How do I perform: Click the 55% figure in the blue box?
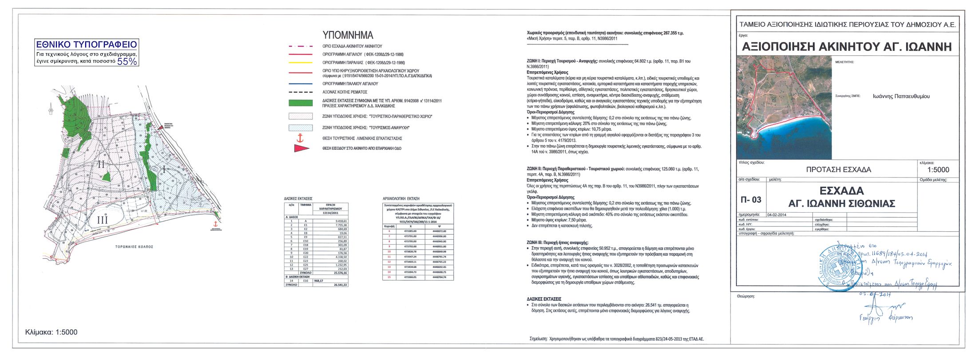(127, 62)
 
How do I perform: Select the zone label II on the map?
(101, 164)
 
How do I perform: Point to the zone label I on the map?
(164, 169)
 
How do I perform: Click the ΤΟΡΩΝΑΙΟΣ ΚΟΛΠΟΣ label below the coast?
(134, 247)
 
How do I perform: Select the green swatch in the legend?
(301, 103)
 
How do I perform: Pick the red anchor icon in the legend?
(300, 138)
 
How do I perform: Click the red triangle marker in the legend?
(301, 149)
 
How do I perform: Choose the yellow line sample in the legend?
(301, 63)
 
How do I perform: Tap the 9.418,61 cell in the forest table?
(341, 221)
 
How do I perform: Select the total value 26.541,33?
(340, 285)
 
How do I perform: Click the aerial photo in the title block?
(784, 107)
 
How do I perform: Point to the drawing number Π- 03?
(751, 200)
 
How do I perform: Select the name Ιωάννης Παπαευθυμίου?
(901, 96)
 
